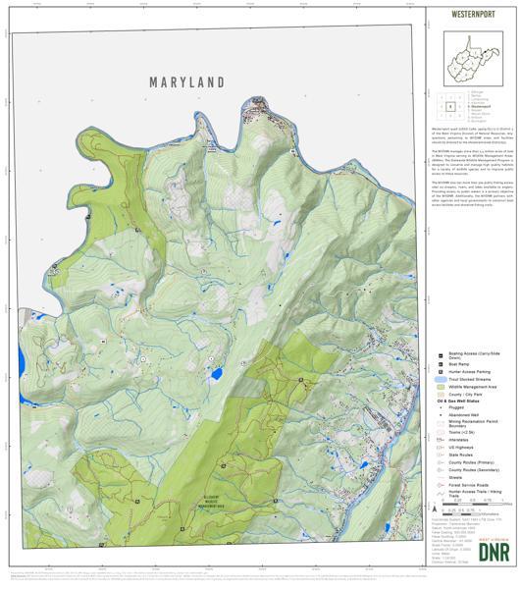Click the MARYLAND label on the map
click(187, 82)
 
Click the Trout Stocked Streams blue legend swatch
click(441, 380)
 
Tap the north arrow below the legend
click(433, 509)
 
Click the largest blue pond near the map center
click(216, 374)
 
